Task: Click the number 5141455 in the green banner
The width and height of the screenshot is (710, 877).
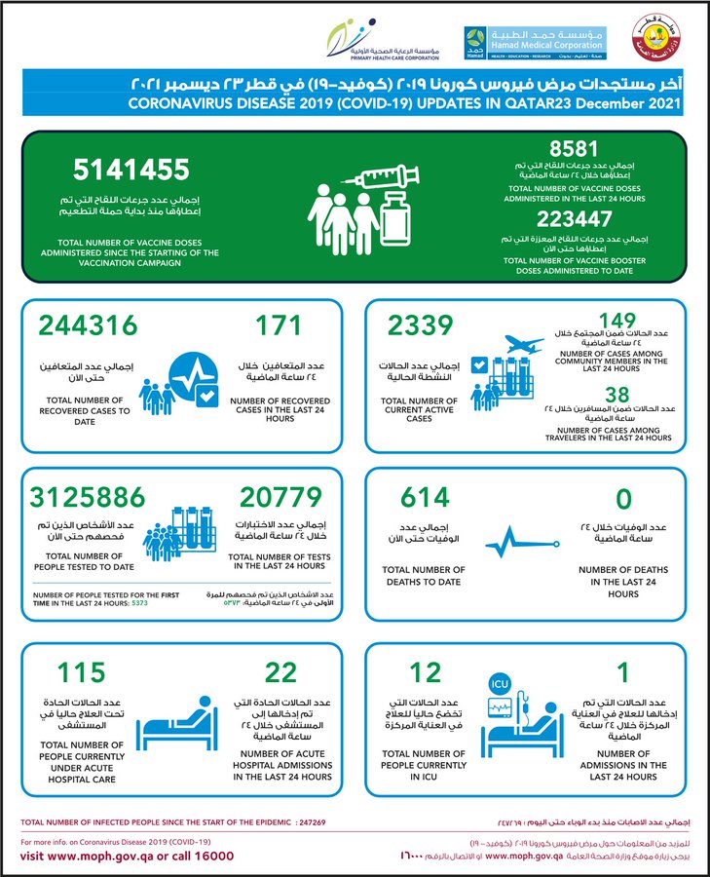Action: pos(131,172)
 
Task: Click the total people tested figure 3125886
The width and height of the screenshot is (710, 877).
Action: pos(94,498)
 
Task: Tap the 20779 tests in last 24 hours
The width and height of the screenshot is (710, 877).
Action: pos(274,498)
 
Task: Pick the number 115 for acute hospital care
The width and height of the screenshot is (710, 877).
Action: pos(81,673)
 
